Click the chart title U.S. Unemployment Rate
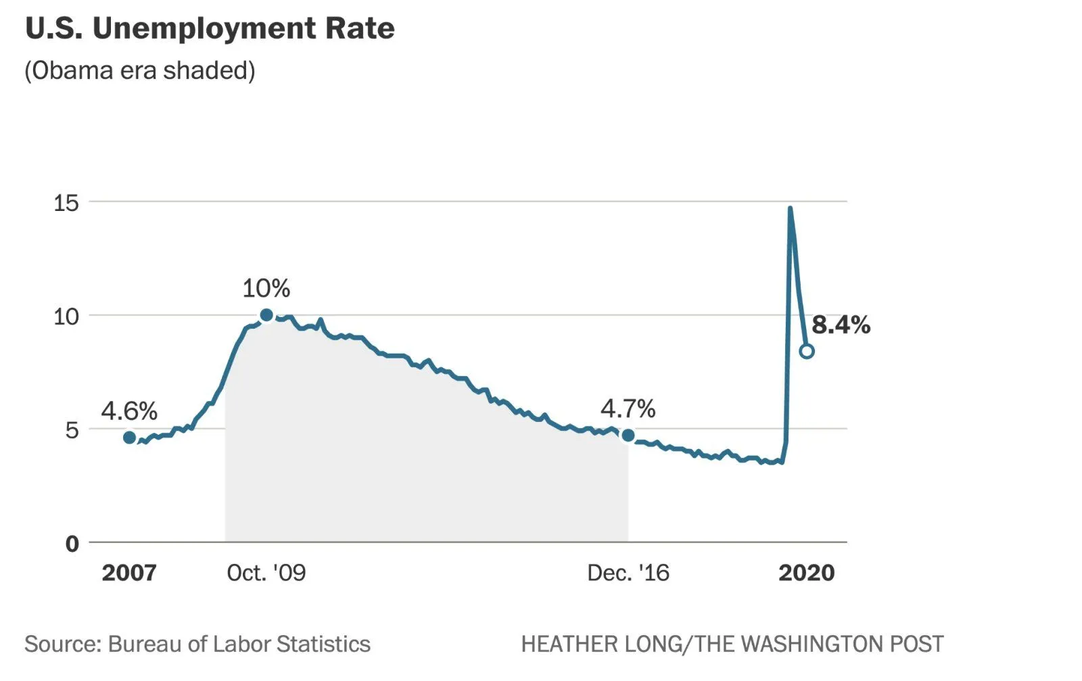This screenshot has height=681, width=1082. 210,28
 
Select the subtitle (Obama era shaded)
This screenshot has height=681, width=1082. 140,70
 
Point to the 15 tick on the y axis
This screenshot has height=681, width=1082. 66,202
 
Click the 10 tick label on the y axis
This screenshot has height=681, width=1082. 66,316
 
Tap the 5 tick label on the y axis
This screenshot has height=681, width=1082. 72,429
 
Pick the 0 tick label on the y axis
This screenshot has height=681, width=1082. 72,543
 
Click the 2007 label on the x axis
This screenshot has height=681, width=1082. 129,573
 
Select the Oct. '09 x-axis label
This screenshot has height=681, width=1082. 266,573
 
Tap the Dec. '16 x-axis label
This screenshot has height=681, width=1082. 628,573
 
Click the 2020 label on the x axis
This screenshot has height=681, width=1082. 807,573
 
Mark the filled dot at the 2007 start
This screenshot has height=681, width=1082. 130,438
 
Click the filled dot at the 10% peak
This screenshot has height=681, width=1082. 266,315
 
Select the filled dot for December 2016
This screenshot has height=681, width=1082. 628,435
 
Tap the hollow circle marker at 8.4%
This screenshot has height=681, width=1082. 807,351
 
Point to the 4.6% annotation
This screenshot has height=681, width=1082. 129,410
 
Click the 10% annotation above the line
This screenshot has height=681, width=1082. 266,288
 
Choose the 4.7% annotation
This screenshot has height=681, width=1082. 628,408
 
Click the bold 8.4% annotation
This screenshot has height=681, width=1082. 841,325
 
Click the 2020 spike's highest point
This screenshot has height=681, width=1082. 790,208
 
